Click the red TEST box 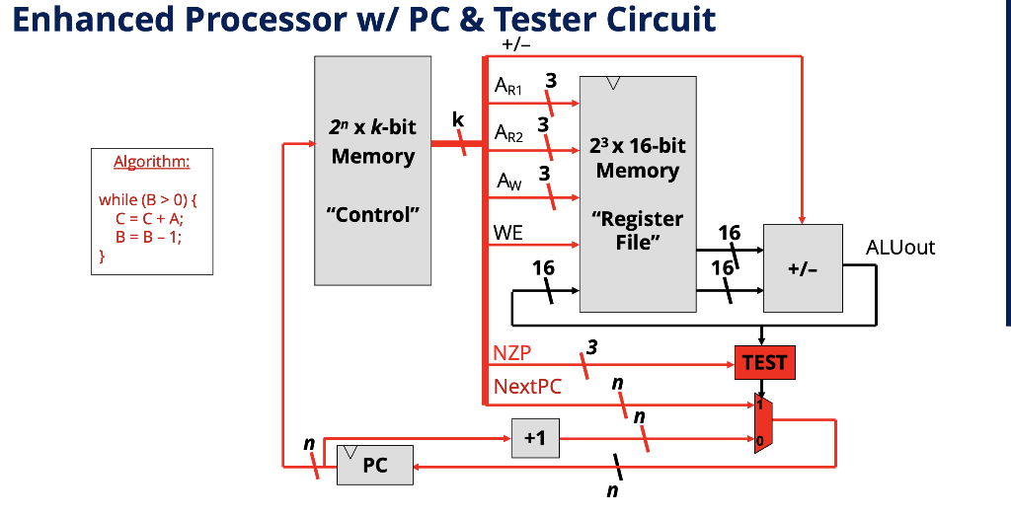pyautogui.click(x=764, y=363)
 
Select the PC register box pyautogui.click(x=374, y=465)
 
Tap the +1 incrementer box pyautogui.click(x=534, y=438)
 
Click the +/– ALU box pyautogui.click(x=803, y=269)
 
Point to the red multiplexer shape pyautogui.click(x=763, y=421)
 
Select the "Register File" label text pyautogui.click(x=637, y=230)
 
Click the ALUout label pyautogui.click(x=899, y=247)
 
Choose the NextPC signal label pyautogui.click(x=527, y=386)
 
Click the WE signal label pyautogui.click(x=508, y=233)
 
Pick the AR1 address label pyautogui.click(x=508, y=88)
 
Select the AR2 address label pyautogui.click(x=508, y=133)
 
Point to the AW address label pyautogui.click(x=506, y=181)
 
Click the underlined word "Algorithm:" pyautogui.click(x=151, y=162)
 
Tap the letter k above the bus pyautogui.click(x=457, y=120)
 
